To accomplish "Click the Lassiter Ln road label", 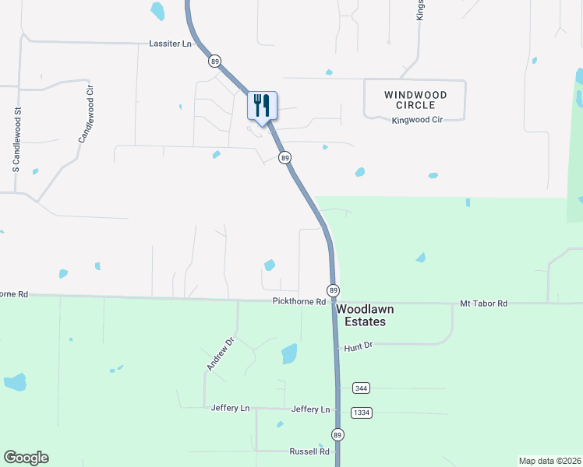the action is [170, 44].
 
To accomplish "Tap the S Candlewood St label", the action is [15, 140].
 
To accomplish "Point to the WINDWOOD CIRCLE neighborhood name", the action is [415, 100].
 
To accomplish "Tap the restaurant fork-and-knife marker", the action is [262, 105].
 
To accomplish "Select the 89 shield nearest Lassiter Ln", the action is [214, 61].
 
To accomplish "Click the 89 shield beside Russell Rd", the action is [337, 434].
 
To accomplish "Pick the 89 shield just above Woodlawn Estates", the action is [334, 290].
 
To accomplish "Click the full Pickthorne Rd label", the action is [299, 302].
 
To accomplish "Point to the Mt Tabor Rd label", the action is [483, 303].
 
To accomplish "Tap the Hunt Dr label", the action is [359, 347].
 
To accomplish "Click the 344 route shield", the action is [360, 388].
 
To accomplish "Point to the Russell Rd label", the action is [309, 451].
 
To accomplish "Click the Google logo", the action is [26, 458].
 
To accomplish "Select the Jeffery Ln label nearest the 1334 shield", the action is [310, 409].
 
